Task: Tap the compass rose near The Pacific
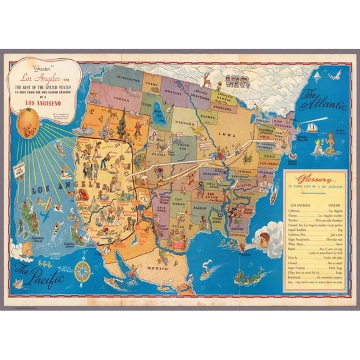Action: [x=82, y=271]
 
